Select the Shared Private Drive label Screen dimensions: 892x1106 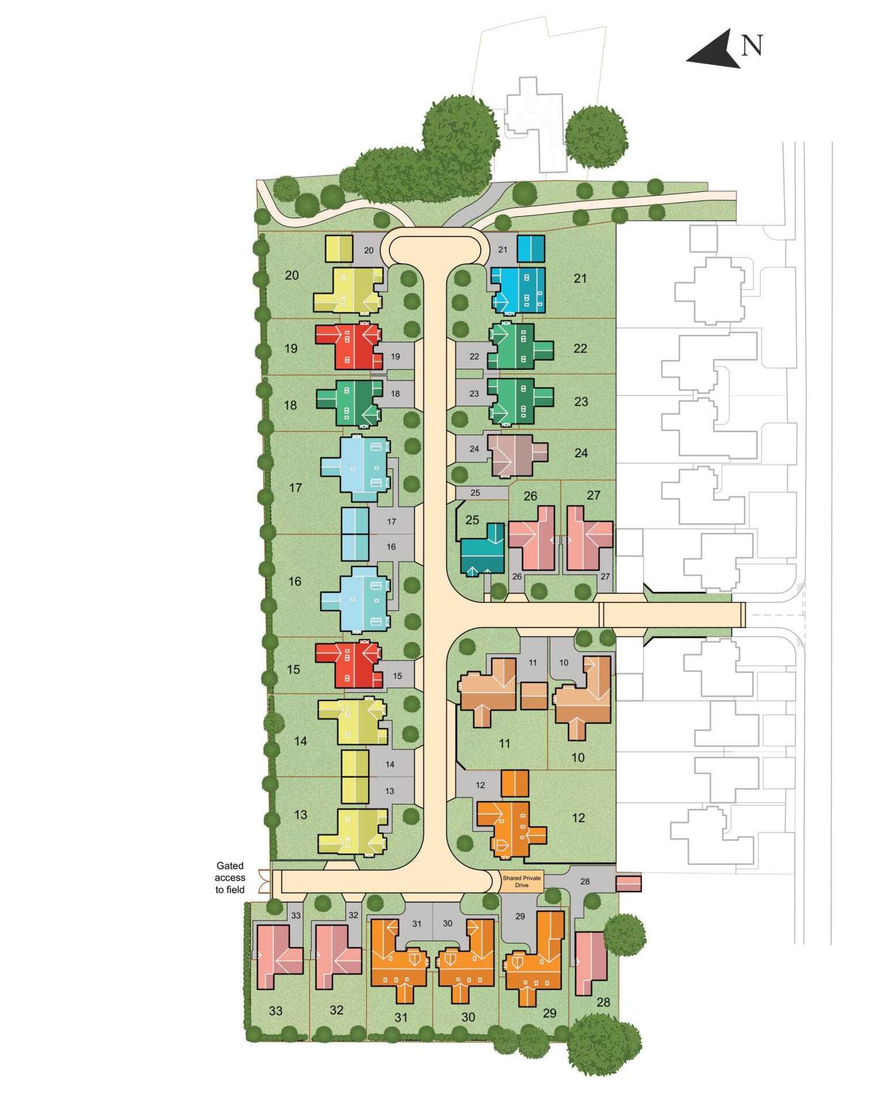[x=521, y=881]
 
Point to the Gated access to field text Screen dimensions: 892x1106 [x=230, y=877]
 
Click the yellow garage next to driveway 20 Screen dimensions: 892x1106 [x=339, y=249]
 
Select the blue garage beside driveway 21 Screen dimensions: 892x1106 [x=531, y=249]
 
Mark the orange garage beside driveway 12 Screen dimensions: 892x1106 [x=515, y=783]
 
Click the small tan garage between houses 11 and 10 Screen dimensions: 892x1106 [x=534, y=696]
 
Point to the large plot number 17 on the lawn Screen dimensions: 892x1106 [x=296, y=488]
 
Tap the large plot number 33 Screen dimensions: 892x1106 [x=276, y=1010]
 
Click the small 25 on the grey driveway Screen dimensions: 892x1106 [x=475, y=493]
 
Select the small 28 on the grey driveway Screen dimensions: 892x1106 [x=585, y=881]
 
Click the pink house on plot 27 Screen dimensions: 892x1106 [x=589, y=538]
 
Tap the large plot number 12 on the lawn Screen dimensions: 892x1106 [x=579, y=817]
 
